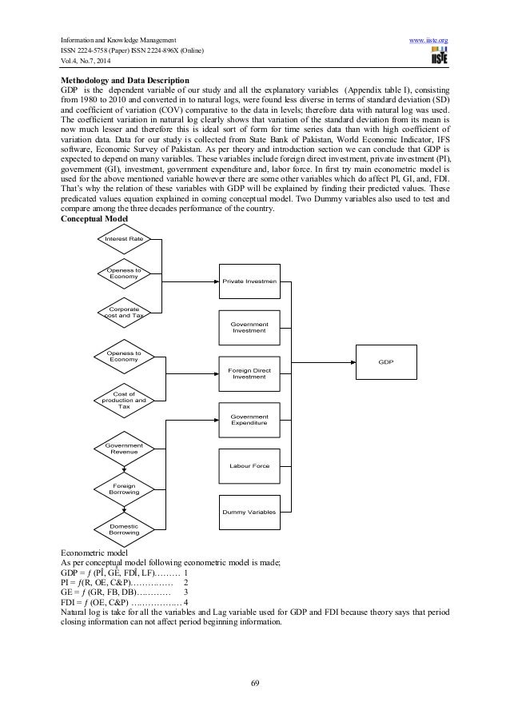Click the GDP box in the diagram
coord(386,363)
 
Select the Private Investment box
coord(249,281)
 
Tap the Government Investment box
coord(249,327)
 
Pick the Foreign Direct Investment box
coord(249,373)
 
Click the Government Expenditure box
coord(249,420)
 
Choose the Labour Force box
coord(249,465)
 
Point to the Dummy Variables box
coord(249,511)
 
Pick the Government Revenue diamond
coord(124,449)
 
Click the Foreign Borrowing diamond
coord(124,488)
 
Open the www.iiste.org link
coord(432,38)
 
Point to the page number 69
coord(254,681)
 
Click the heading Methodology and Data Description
coord(125,81)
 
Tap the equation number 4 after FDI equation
coord(186,601)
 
